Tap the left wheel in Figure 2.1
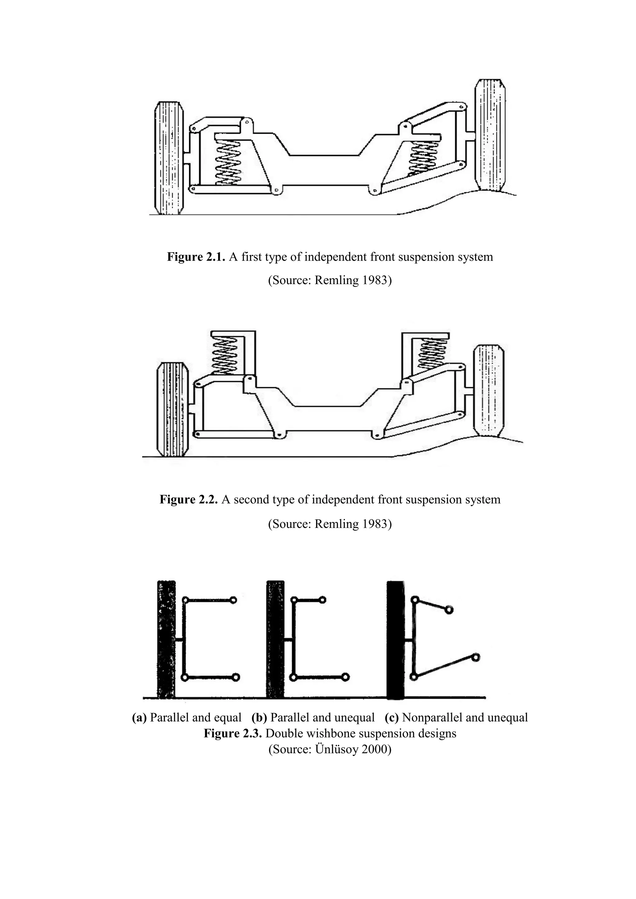pos(170,158)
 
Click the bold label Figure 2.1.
pos(196,257)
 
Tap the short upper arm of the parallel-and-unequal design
pos(308,600)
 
